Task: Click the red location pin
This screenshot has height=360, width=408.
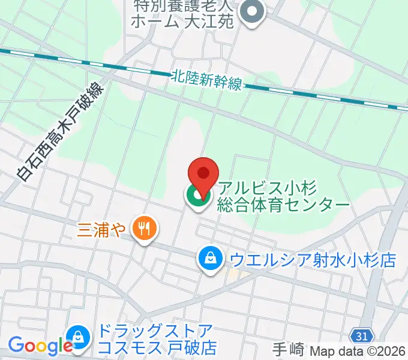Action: pyautogui.click(x=203, y=174)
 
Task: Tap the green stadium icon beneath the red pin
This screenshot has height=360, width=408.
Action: pyautogui.click(x=196, y=195)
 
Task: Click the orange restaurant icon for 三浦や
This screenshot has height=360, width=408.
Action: pyautogui.click(x=143, y=229)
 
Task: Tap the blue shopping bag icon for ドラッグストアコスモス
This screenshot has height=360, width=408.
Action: pyautogui.click(x=78, y=338)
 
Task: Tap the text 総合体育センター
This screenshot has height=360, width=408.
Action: pyautogui.click(x=284, y=205)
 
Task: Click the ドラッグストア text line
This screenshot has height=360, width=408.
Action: pyautogui.click(x=155, y=331)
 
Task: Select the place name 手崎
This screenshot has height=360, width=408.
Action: pyautogui.click(x=287, y=349)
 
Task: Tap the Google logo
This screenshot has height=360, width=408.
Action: pyautogui.click(x=40, y=346)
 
